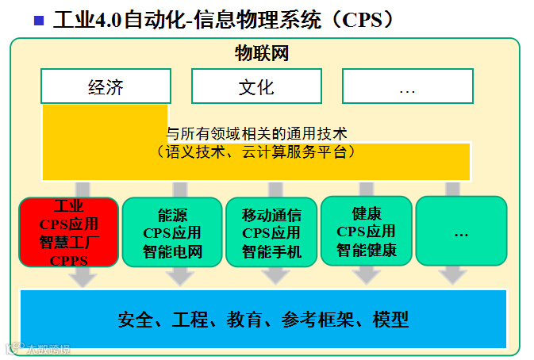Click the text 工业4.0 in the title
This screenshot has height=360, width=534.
click(x=86, y=20)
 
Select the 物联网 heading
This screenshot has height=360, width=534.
click(x=261, y=54)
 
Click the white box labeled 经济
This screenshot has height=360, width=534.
click(x=106, y=86)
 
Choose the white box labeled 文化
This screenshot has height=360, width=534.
click(x=255, y=86)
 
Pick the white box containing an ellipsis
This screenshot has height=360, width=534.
click(x=407, y=86)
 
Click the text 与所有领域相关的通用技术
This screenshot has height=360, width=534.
click(x=256, y=134)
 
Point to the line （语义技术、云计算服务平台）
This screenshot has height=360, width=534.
click(x=256, y=151)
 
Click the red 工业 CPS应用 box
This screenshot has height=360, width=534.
click(x=69, y=232)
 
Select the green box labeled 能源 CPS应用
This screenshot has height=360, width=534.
click(x=172, y=232)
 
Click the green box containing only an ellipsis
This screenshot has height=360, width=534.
click(x=461, y=232)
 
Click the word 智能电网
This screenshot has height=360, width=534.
click(x=172, y=253)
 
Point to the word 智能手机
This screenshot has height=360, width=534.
click(x=271, y=253)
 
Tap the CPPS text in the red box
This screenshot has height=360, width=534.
click(x=68, y=260)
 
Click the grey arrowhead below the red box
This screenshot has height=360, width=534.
click(x=83, y=278)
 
